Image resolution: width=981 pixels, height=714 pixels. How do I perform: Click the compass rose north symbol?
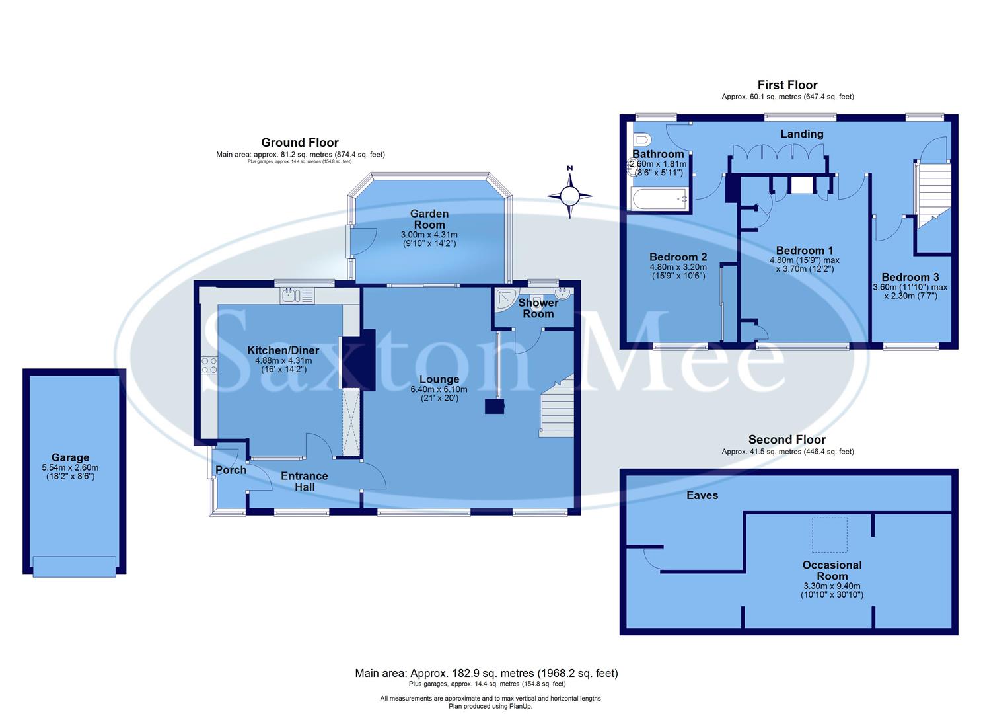[569, 195]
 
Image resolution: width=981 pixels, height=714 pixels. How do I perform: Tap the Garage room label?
[70, 457]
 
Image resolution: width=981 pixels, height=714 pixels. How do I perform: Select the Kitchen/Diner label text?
[283, 350]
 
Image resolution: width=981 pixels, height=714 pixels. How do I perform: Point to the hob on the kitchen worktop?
[209, 366]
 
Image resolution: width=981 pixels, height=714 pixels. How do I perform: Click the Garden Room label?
[429, 219]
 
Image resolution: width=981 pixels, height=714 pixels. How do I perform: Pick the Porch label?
[231, 470]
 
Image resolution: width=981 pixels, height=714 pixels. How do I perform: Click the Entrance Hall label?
[304, 481]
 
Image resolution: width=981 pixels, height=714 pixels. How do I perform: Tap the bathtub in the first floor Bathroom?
[658, 199]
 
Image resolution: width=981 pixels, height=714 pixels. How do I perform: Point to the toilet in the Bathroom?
[641, 139]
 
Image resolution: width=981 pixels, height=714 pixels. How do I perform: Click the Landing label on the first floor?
[802, 134]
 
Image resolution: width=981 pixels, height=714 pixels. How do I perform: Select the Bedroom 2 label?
[678, 257]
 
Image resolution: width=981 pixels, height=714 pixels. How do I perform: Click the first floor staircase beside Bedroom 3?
[933, 192]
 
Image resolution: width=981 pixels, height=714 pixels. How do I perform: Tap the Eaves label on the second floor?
[702, 495]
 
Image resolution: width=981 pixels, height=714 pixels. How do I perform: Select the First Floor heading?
[787, 85]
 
